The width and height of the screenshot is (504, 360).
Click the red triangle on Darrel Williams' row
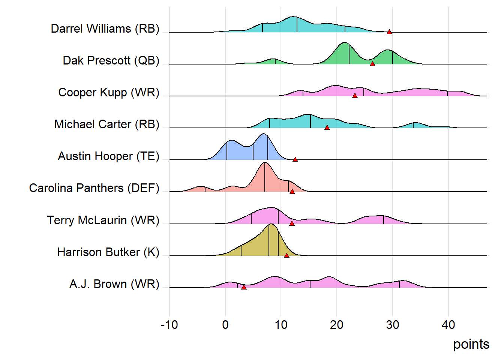tap(389, 32)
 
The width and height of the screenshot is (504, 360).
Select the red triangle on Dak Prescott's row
tap(372, 64)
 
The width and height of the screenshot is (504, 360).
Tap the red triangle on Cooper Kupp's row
tap(355, 96)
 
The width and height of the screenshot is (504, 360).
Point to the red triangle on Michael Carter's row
tap(327, 127)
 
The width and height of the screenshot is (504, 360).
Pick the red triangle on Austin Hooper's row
tap(295, 159)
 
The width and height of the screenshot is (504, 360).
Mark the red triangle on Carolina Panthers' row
tap(292, 191)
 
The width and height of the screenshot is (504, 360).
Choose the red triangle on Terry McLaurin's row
tap(292, 223)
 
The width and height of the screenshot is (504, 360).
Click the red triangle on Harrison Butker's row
tap(286, 255)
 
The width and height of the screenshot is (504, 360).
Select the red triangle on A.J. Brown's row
tap(244, 287)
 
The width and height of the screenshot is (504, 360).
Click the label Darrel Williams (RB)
tap(105, 28)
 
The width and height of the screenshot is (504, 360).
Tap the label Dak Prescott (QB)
tap(111, 60)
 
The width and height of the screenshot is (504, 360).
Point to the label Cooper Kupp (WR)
tap(109, 92)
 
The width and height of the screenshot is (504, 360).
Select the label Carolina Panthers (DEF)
tap(94, 188)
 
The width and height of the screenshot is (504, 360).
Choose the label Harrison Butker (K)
tap(108, 252)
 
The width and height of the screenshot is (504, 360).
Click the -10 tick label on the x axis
tap(169, 325)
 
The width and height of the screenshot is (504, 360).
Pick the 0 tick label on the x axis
tap(225, 325)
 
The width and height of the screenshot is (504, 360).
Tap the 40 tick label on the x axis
tap(448, 325)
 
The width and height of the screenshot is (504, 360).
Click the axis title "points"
tap(471, 344)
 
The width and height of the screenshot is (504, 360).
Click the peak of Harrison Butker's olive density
tap(270, 224)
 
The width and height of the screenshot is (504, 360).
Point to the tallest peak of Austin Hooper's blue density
tap(264, 134)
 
